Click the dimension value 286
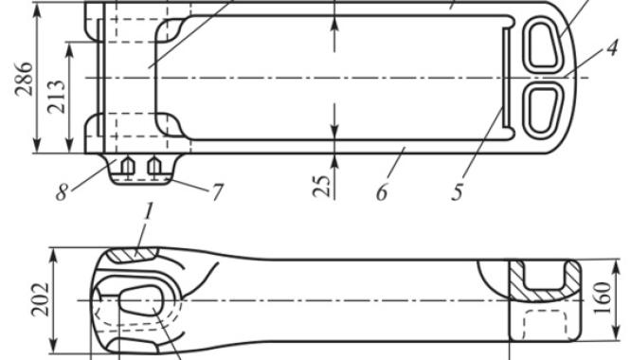point(24,79)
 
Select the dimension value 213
point(56,97)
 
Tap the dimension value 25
point(322,186)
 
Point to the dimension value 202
point(40,299)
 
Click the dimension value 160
point(602,298)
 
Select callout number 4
point(611,49)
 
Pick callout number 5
point(458,192)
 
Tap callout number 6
point(382,192)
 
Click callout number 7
point(217,192)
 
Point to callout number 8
point(62,192)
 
